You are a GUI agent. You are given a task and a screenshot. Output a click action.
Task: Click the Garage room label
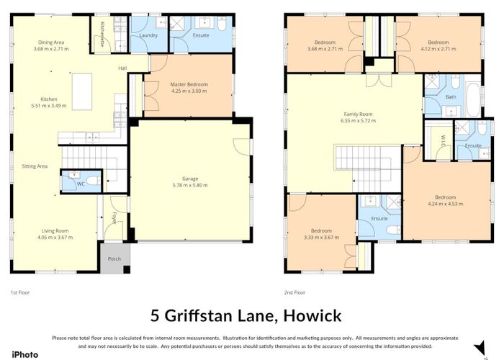[x=190, y=178]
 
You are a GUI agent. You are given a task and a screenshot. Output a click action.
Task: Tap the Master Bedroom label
[x=189, y=84]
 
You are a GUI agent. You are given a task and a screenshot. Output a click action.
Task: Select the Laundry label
[x=148, y=35]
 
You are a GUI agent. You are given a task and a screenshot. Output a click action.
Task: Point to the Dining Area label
[x=50, y=42]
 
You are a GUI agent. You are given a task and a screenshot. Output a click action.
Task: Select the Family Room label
[x=357, y=114]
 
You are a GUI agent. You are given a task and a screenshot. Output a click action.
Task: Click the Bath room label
[x=451, y=96]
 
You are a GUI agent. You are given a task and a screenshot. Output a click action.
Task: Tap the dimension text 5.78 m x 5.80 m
[x=190, y=185]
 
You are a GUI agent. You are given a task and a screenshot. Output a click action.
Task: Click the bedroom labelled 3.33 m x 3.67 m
[x=320, y=234]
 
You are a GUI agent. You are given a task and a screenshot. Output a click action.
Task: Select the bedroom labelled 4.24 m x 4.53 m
[x=444, y=201]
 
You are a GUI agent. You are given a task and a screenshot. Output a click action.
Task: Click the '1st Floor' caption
[x=19, y=292]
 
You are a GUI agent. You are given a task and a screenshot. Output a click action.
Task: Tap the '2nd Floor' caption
[x=295, y=292]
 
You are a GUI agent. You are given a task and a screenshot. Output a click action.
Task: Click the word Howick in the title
[x=312, y=315]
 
